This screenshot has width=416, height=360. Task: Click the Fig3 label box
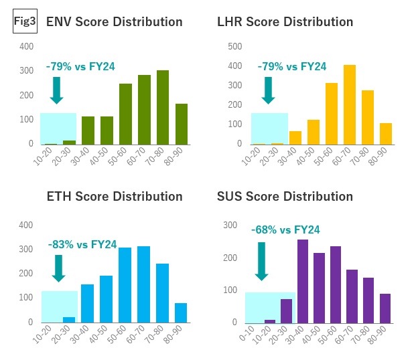pos(25,21)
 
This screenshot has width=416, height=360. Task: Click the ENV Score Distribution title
pos(114,22)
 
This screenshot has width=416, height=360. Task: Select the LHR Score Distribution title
pos(285,22)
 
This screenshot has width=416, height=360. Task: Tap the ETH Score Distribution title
pos(114,197)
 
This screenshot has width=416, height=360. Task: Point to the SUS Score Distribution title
pos(285,197)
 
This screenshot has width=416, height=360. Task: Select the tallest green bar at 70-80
pos(163,107)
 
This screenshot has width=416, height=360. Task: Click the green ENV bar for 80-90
pos(182,124)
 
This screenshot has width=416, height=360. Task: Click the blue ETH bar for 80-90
pos(181,312)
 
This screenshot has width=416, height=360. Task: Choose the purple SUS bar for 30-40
pos(302,281)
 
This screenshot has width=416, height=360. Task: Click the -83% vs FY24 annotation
pos(81,245)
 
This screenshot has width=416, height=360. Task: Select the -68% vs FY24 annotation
pos(285,230)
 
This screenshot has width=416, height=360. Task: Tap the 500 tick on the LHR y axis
pos(234,47)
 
